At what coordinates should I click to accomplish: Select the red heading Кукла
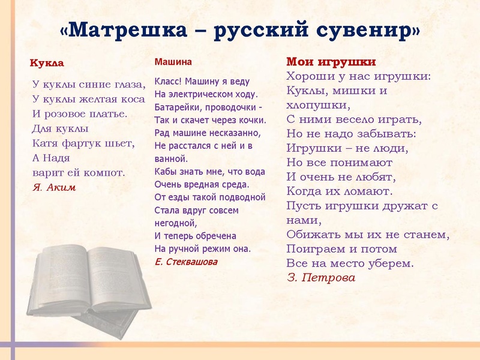click(x=47, y=63)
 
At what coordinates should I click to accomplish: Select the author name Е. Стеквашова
click(x=186, y=262)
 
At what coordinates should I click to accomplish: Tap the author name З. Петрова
click(x=321, y=278)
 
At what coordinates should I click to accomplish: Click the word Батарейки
click(x=178, y=108)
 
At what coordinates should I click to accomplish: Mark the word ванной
click(x=171, y=159)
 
